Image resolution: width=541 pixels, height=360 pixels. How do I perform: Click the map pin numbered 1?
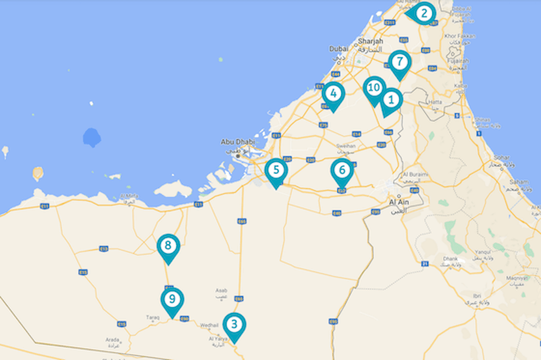click(391, 100)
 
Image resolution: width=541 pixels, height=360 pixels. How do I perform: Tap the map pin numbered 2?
click(424, 13)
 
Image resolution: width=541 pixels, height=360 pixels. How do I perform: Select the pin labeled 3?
click(234, 324)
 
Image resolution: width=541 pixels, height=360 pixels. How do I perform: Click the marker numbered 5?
click(276, 170)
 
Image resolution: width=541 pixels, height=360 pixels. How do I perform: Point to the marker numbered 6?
click(342, 170)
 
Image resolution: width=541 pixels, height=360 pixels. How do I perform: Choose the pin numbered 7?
click(399, 62)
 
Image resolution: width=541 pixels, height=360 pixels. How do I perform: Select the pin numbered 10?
click(374, 88)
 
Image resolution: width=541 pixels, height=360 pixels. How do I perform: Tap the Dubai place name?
click(337, 49)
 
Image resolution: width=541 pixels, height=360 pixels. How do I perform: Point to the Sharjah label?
click(370, 41)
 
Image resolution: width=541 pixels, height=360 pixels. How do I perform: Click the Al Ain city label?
click(398, 202)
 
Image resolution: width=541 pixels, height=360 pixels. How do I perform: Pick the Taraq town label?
click(153, 317)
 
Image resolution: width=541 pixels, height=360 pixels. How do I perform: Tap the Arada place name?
click(112, 339)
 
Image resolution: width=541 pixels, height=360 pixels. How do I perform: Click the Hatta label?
click(435, 102)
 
